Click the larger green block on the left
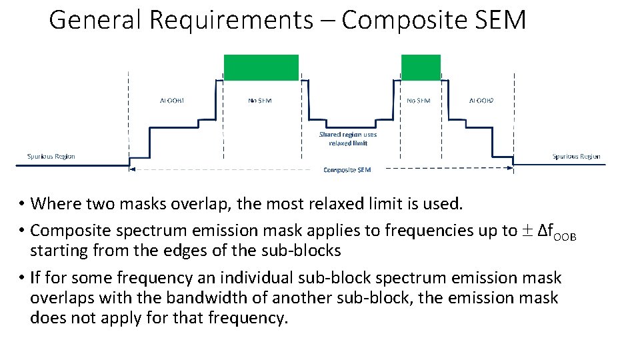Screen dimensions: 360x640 261,67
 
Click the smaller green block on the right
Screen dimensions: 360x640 421,67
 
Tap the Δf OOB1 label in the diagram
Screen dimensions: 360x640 172,101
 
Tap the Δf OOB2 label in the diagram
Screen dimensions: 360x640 481,101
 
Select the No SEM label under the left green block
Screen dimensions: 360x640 260,101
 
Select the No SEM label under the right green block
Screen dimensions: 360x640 419,101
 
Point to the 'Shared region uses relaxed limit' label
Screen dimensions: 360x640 347,139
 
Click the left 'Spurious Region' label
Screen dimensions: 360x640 51,157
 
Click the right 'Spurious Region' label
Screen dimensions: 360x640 576,157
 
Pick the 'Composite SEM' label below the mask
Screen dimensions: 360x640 347,170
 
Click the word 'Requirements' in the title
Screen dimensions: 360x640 231,20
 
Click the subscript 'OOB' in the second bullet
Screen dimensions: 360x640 564,237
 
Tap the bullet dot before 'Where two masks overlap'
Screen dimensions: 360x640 22,203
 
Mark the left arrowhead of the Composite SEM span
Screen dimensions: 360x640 131,169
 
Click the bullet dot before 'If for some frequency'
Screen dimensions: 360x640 22,278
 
